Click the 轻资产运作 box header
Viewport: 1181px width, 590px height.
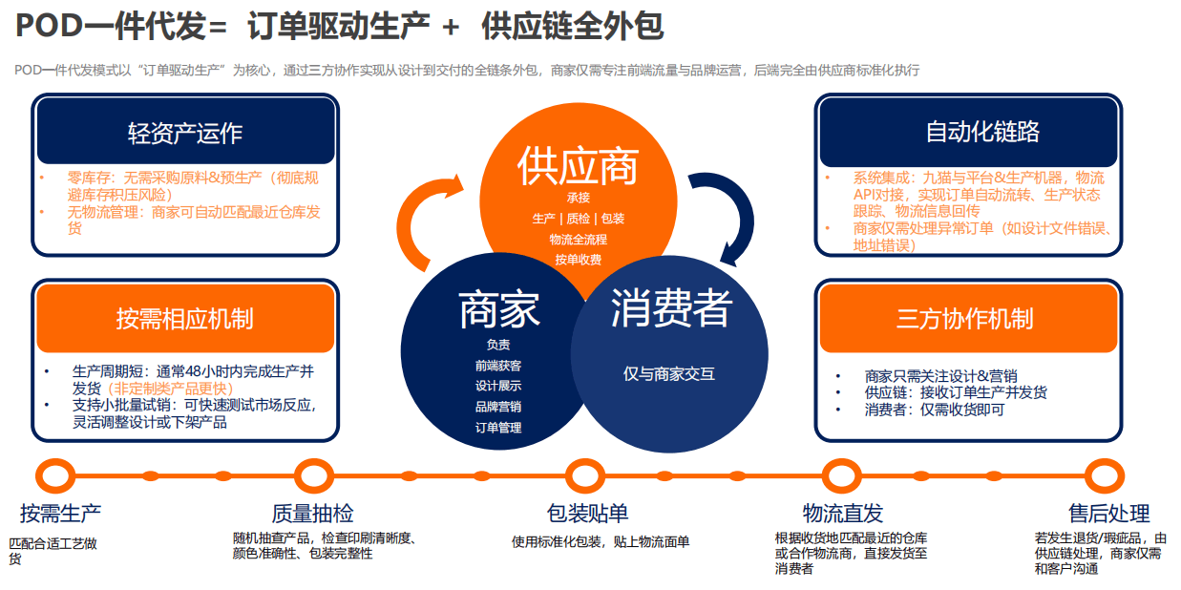point(185,132)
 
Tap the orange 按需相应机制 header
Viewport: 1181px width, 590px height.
point(185,318)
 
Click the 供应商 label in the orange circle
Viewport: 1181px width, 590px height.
point(578,166)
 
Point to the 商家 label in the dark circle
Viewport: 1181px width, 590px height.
point(498,309)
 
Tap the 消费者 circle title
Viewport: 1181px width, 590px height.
point(671,307)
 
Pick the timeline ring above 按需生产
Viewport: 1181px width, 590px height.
point(56,474)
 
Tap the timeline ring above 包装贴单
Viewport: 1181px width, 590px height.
point(585,474)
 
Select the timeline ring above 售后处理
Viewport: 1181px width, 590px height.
point(1105,474)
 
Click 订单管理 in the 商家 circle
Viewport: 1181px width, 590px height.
point(498,428)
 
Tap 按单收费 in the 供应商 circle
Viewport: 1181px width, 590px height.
point(578,260)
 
